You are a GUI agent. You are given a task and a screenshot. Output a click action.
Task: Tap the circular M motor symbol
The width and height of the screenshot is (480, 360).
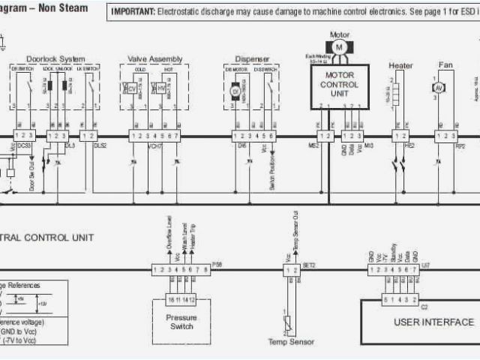338,47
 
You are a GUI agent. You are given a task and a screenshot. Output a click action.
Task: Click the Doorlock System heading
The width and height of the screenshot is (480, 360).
55,59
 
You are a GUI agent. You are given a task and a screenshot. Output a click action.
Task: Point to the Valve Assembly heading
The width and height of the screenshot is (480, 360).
155,59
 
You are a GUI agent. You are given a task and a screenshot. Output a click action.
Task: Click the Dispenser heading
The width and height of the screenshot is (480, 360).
252,59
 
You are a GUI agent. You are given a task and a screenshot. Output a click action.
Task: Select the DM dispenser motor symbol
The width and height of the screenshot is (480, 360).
235,91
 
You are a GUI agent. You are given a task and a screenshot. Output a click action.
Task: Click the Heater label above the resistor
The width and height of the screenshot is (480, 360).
400,65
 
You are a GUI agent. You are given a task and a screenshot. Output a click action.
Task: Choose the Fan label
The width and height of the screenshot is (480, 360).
445,65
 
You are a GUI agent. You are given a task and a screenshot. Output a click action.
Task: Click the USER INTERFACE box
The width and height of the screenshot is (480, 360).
433,322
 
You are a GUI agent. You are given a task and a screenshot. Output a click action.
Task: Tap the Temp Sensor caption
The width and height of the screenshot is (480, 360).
288,342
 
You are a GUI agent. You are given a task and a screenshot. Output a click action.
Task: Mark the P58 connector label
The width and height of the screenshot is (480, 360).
217,265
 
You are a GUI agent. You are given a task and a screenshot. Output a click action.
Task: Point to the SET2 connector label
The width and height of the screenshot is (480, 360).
308,265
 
